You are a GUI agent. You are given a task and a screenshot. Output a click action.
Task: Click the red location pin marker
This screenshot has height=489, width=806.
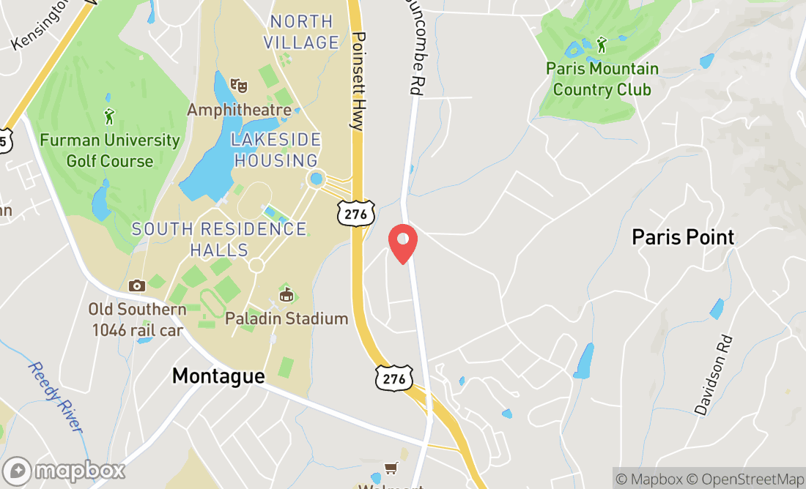[x=402, y=243]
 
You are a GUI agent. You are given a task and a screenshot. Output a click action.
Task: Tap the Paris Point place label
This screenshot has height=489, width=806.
[x=683, y=237]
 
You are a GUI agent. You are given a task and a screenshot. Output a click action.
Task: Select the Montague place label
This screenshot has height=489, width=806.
[x=218, y=376]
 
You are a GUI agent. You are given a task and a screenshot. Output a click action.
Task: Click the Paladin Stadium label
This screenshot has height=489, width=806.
[x=286, y=318]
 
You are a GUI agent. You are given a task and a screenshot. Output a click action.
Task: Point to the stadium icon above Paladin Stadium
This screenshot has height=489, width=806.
[x=286, y=295]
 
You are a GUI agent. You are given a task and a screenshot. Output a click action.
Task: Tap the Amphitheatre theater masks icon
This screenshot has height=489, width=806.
[x=238, y=86]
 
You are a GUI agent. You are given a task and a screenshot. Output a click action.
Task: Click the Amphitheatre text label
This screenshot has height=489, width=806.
[x=239, y=110]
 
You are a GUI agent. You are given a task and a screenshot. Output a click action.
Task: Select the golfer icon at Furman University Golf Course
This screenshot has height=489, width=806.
[x=110, y=116]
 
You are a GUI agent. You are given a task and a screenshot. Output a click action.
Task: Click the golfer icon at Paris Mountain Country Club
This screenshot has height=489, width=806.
[x=602, y=45]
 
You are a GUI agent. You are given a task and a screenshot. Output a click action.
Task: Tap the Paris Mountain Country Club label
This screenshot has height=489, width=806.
[x=602, y=79]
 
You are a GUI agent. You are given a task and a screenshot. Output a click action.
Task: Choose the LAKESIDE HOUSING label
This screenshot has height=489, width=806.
[x=276, y=150]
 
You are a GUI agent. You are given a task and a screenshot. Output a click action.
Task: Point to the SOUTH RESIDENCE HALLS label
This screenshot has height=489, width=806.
[x=219, y=239]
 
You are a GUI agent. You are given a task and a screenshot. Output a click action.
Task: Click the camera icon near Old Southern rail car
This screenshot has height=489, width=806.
[x=136, y=285]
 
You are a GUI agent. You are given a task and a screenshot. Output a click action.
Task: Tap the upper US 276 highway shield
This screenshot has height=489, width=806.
[x=357, y=213]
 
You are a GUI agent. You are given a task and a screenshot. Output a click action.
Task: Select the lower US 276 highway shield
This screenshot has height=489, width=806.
[x=394, y=378]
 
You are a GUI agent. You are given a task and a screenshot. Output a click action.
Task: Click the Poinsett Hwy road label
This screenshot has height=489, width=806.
[x=358, y=81]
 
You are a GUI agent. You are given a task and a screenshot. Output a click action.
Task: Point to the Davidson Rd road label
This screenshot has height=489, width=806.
[x=713, y=375]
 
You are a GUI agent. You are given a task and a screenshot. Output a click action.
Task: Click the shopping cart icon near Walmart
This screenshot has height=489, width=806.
[x=392, y=468]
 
